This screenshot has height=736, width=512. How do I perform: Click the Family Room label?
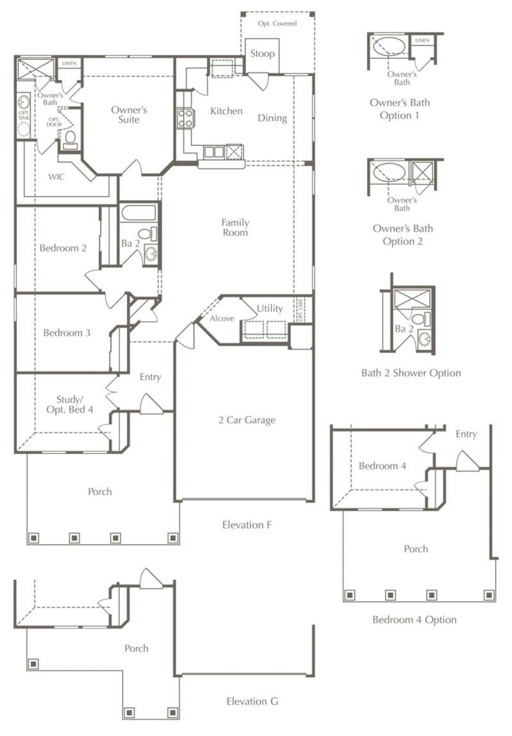pos(235,227)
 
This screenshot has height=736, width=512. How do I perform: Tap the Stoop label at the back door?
pos(262,54)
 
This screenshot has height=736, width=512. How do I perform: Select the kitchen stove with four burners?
pos(186,118)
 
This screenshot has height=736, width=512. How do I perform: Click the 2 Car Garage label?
pos(247,420)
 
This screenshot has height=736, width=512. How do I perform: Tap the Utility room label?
pos(270,308)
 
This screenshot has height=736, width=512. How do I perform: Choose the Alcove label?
pos(222,318)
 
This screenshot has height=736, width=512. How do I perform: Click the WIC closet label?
pos(56,177)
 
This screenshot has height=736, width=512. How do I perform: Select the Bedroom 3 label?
pos(67,333)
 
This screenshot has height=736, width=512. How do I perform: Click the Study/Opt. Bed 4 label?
pos(70,404)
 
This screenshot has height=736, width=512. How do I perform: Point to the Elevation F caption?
pos(247,525)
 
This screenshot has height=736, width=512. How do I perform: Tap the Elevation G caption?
pos(252,701)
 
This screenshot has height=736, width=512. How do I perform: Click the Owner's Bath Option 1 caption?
pos(400,109)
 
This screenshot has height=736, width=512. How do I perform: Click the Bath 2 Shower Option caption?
pos(411,373)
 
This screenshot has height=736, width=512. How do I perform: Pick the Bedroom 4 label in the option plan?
pos(382,466)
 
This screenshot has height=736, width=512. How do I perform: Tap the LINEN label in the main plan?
pos(69,64)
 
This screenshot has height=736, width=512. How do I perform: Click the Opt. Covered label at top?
pos(277,24)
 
